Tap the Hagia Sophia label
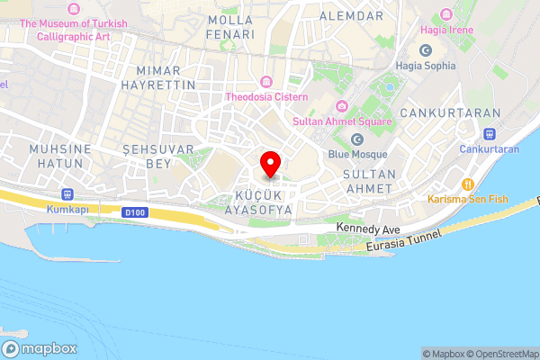pos(426,64)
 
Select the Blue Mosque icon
pos(357,139)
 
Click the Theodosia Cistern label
pos(266,96)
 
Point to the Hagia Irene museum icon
pos(445,16)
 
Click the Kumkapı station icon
pos(67,193)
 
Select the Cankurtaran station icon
pos(489,133)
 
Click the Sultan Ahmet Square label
pos(342,121)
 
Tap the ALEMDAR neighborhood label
pos(346,16)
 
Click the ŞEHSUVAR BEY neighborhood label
pos(147,155)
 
